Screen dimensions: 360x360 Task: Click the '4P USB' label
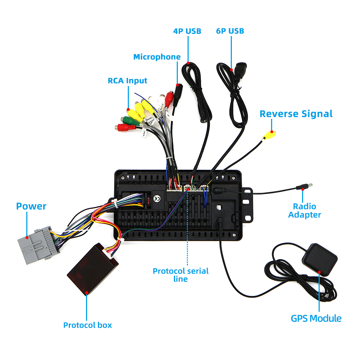pos(187,31)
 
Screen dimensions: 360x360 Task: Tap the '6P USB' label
pos(230,31)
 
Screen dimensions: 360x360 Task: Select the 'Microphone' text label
pos(157,57)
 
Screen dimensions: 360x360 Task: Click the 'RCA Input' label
pos(127,81)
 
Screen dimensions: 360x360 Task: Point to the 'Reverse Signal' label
pos(296,114)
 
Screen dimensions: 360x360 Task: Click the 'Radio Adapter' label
pos(305,211)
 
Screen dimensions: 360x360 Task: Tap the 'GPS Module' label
pos(316,319)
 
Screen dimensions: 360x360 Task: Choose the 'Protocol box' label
pos(87,325)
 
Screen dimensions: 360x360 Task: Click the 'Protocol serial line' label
pos(181,275)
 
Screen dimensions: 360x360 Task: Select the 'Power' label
pos(31,206)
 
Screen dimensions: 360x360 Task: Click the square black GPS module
pos(319,260)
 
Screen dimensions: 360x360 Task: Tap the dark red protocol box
pos(92,269)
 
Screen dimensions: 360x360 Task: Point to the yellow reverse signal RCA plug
pos(269,135)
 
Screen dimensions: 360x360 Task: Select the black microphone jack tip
pos(178,92)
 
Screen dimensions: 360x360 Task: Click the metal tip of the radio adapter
pos(310,185)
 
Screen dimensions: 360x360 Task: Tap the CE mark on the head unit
pos(157,198)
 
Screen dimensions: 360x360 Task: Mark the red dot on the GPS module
pos(319,272)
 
